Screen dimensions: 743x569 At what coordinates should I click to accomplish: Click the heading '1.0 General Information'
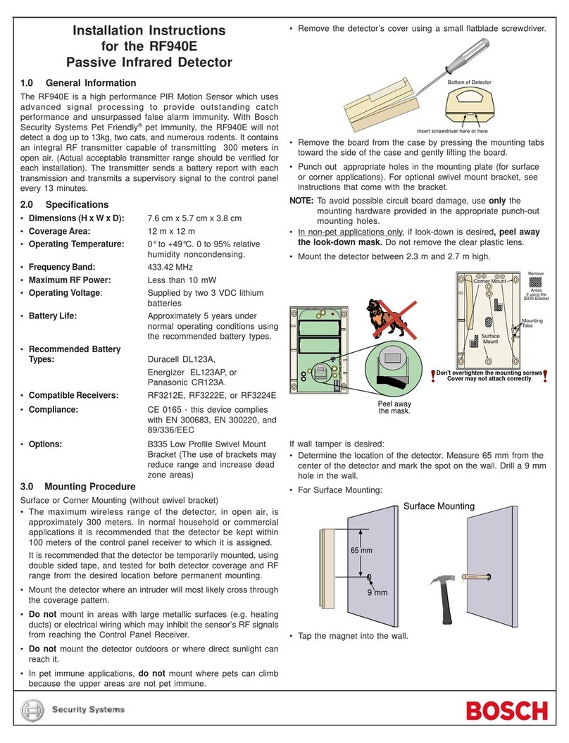[78, 83]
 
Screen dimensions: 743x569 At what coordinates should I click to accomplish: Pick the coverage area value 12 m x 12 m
[171, 232]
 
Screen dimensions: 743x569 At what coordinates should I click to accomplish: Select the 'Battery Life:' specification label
[52, 316]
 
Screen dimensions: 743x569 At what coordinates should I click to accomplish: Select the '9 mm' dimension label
[377, 592]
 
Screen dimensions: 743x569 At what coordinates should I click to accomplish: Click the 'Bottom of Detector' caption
[469, 82]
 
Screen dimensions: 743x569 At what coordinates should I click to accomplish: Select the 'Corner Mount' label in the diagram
[489, 281]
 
